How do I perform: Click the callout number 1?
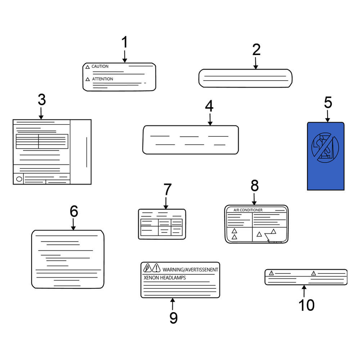tap(125, 42)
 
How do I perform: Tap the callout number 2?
tap(256, 50)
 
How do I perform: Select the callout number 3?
tap(42, 100)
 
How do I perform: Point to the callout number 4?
tap(209, 106)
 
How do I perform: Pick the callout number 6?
tap(74, 211)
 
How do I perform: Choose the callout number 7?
tap(167, 189)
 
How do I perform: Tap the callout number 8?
tap(255, 185)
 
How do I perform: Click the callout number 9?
tap(174, 318)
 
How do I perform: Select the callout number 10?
tap(306, 305)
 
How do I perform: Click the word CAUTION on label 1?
tap(100, 66)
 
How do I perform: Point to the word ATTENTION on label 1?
tap(103, 79)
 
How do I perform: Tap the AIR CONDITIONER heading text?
tap(248, 210)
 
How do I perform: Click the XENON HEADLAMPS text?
tap(165, 278)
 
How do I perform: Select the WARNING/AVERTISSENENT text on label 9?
tap(190, 270)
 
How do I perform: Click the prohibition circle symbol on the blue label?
tap(325, 147)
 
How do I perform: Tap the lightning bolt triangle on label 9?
tap(147, 268)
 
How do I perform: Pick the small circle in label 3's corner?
tap(19, 179)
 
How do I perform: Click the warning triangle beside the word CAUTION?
tap(87, 67)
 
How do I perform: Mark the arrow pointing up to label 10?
tap(304, 291)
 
